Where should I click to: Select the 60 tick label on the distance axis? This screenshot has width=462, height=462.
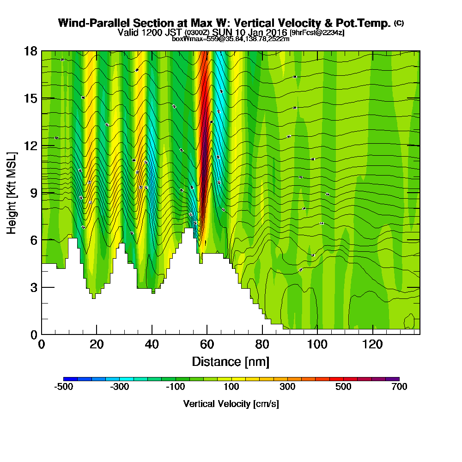point(207,344)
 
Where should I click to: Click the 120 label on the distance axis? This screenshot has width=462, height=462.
point(372,344)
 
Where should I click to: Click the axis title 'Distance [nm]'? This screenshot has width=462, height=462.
point(231,361)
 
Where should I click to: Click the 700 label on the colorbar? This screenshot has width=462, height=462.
point(399,387)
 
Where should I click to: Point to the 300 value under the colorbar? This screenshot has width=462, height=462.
point(287,387)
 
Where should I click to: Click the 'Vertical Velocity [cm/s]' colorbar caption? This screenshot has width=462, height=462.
point(231,404)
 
